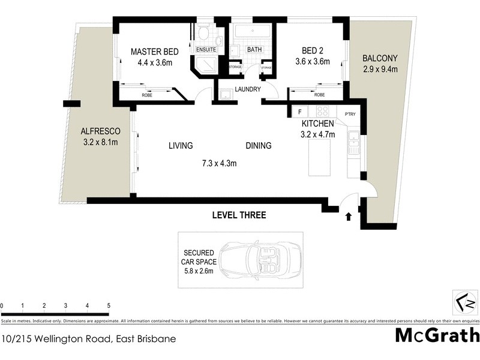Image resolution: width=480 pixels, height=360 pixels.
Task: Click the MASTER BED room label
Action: pos(151,52)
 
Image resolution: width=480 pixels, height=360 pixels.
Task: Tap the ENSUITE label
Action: pos(205,49)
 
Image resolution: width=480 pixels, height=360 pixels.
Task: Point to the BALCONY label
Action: pos(380,59)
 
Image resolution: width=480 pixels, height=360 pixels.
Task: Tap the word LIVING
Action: pos(181,146)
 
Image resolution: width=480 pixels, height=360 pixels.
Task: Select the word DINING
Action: pos(258,146)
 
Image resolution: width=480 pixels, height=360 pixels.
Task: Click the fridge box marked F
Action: pos(298,112)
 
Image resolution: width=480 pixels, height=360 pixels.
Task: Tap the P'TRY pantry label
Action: pos(350,113)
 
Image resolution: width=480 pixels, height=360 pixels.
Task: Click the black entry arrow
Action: pos(349,217)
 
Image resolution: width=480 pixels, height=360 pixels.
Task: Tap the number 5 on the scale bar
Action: pos(109,306)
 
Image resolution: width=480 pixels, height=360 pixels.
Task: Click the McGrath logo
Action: pos(437,335)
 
